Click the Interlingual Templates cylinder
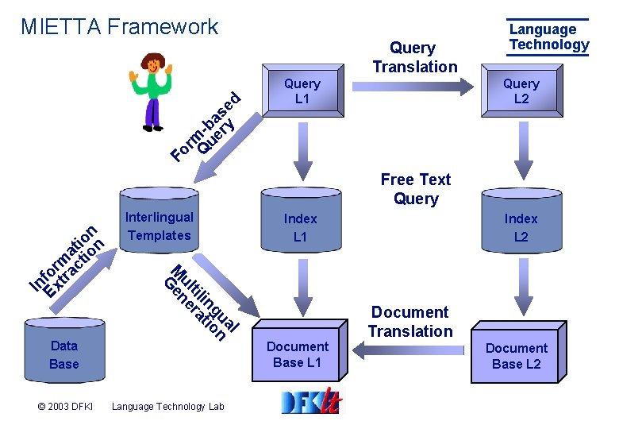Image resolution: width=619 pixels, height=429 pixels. [x=159, y=226]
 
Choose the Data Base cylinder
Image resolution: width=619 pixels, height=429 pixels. [x=64, y=354]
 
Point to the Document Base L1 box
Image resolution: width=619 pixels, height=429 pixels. [x=298, y=354]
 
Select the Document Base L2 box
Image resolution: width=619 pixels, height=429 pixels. [x=517, y=355]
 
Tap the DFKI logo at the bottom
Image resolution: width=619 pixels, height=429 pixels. [x=311, y=403]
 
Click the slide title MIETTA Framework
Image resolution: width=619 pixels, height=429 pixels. [x=119, y=27]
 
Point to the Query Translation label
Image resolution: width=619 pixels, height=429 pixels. [x=414, y=57]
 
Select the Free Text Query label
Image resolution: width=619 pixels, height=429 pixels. [x=415, y=189]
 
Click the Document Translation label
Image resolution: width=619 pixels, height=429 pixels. [x=409, y=322]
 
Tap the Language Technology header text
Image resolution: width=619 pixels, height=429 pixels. [x=548, y=37]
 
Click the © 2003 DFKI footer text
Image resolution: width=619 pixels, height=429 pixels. [x=65, y=407]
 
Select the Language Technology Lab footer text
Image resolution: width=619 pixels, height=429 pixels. [x=168, y=407]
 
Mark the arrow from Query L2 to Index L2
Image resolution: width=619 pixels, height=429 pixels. [x=521, y=152]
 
